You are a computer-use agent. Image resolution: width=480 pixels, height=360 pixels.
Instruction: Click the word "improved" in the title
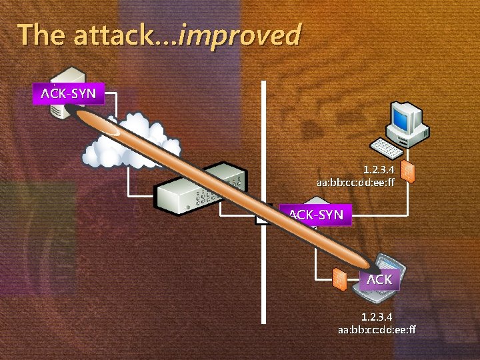click(x=241, y=35)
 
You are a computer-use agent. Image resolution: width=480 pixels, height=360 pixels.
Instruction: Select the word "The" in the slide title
click(x=41, y=35)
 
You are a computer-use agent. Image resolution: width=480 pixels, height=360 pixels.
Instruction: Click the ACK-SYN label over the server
click(x=68, y=93)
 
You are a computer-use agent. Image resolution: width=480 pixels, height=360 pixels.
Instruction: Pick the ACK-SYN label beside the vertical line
click(x=315, y=215)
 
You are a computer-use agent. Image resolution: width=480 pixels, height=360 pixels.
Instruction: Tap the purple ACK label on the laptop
click(x=379, y=279)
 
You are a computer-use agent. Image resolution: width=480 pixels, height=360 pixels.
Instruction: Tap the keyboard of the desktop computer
click(x=387, y=147)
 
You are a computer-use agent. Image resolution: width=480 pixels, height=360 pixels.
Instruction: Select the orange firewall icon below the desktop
click(x=409, y=172)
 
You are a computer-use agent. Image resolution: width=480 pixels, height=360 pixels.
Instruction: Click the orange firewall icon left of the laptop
click(x=339, y=279)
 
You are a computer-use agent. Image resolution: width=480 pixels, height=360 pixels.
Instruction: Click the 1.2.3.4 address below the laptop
click(x=377, y=316)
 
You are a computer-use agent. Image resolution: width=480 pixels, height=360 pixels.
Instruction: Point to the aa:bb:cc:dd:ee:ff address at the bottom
click(x=377, y=329)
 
